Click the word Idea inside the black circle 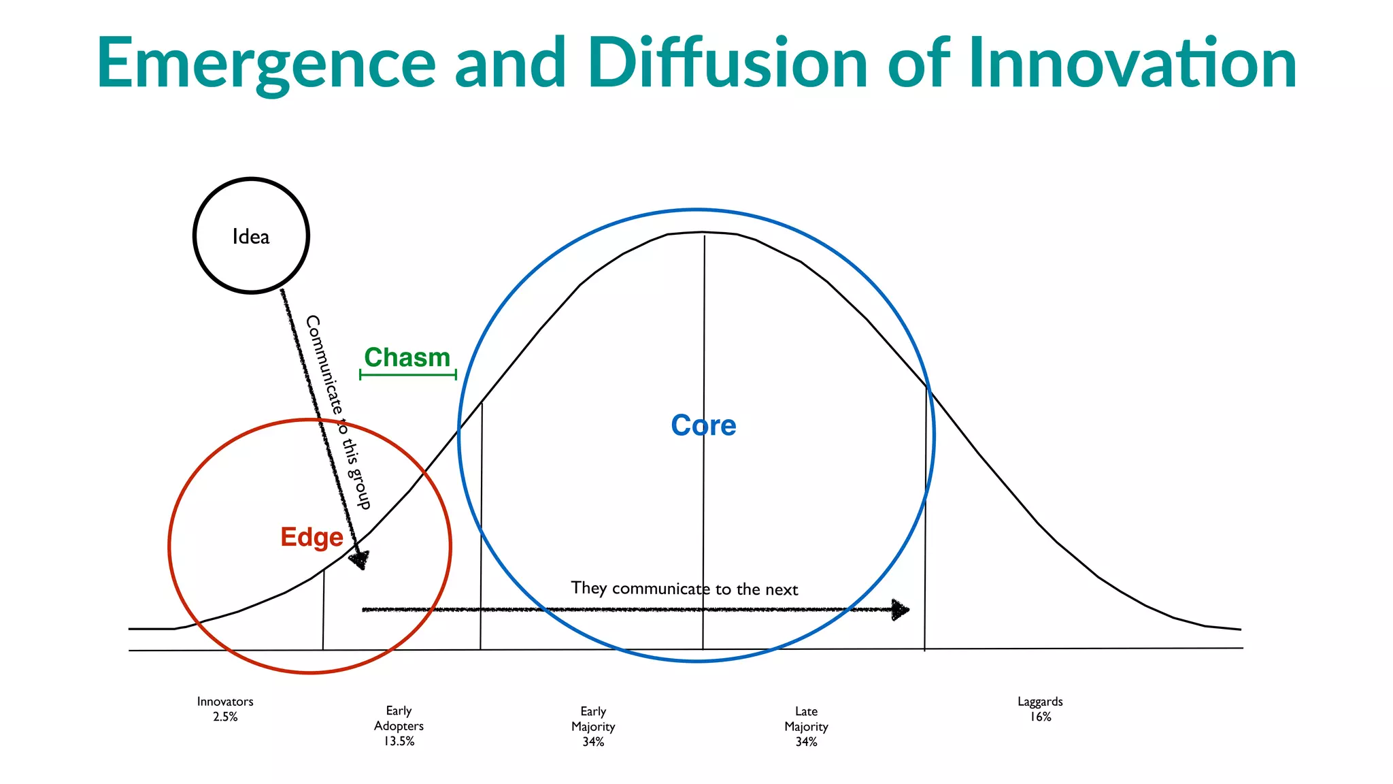251,237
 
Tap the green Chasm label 407,357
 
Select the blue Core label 703,425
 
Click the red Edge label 312,537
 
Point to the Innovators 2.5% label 225,708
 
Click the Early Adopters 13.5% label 399,725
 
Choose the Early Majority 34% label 593,726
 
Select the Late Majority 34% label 806,726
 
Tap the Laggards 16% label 1040,708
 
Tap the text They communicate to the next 684,589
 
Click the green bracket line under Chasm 407,374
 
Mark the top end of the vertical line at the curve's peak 705,237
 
